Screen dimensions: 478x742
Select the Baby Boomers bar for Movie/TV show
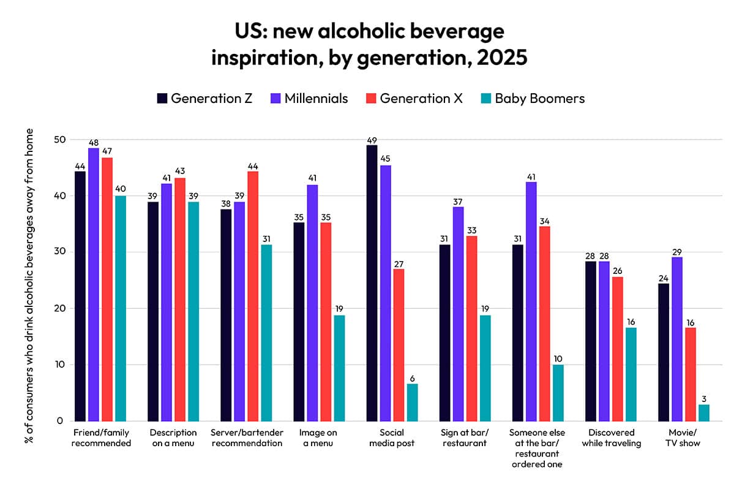pyautogui.click(x=704, y=412)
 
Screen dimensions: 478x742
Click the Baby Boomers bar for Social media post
pyautogui.click(x=412, y=402)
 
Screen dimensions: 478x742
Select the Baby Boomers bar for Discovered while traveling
pyautogui.click(x=631, y=374)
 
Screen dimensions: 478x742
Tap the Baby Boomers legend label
pyautogui.click(x=539, y=98)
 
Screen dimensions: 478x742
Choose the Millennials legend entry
pyautogui.click(x=309, y=98)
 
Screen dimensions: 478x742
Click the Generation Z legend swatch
pyautogui.click(x=162, y=98)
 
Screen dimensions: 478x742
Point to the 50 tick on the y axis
pyautogui.click(x=59, y=140)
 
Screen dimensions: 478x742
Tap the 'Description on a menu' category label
pyautogui.click(x=173, y=438)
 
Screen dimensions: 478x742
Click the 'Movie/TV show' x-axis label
pyautogui.click(x=683, y=438)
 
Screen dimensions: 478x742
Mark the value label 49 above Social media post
pyautogui.click(x=372, y=139)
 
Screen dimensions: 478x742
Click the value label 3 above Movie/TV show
pyautogui.click(x=704, y=398)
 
